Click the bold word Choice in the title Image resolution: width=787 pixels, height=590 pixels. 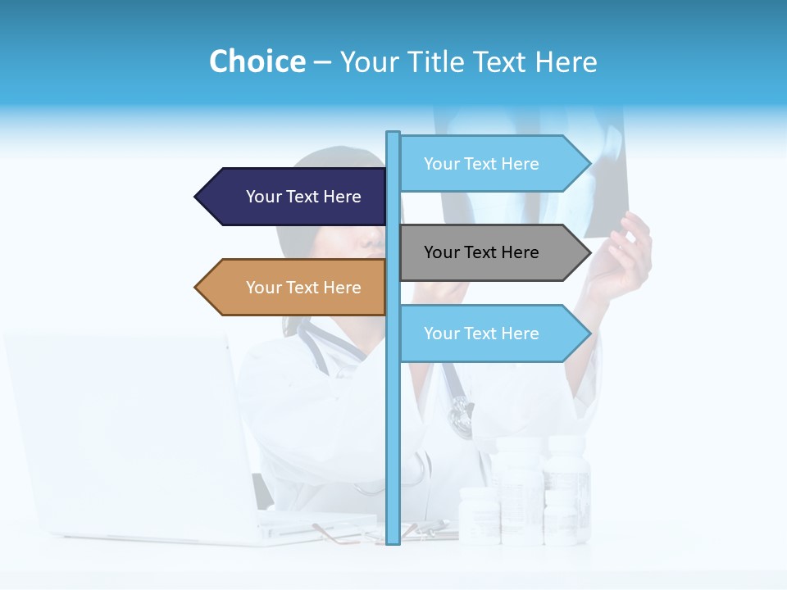tap(257, 61)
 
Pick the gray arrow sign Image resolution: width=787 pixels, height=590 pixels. tap(492, 252)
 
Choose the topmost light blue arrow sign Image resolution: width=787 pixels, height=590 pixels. tap(492, 164)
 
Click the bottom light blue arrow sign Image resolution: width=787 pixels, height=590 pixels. tap(492, 334)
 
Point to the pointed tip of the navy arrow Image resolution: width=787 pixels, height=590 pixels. tap(197, 197)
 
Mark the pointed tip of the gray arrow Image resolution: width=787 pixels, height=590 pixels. tap(589, 252)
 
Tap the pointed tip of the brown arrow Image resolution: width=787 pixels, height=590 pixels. tap(197, 288)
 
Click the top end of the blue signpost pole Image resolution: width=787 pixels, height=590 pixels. tap(393, 134)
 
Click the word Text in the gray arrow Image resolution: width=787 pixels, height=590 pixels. tap(481, 252)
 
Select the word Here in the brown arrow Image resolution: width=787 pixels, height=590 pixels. tap(342, 288)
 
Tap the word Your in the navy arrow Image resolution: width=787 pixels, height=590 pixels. tap(263, 197)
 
